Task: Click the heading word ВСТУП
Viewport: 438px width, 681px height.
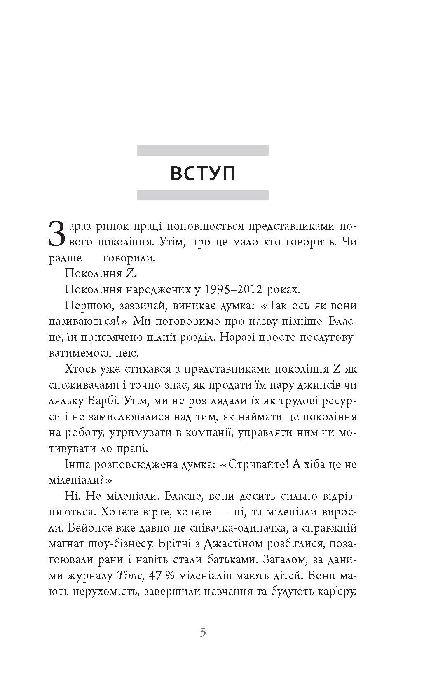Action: coord(203,174)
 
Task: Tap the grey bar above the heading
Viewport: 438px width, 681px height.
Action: coord(203,150)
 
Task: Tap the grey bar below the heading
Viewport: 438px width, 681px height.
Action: coord(203,195)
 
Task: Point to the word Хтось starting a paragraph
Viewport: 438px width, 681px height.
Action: coord(80,369)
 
